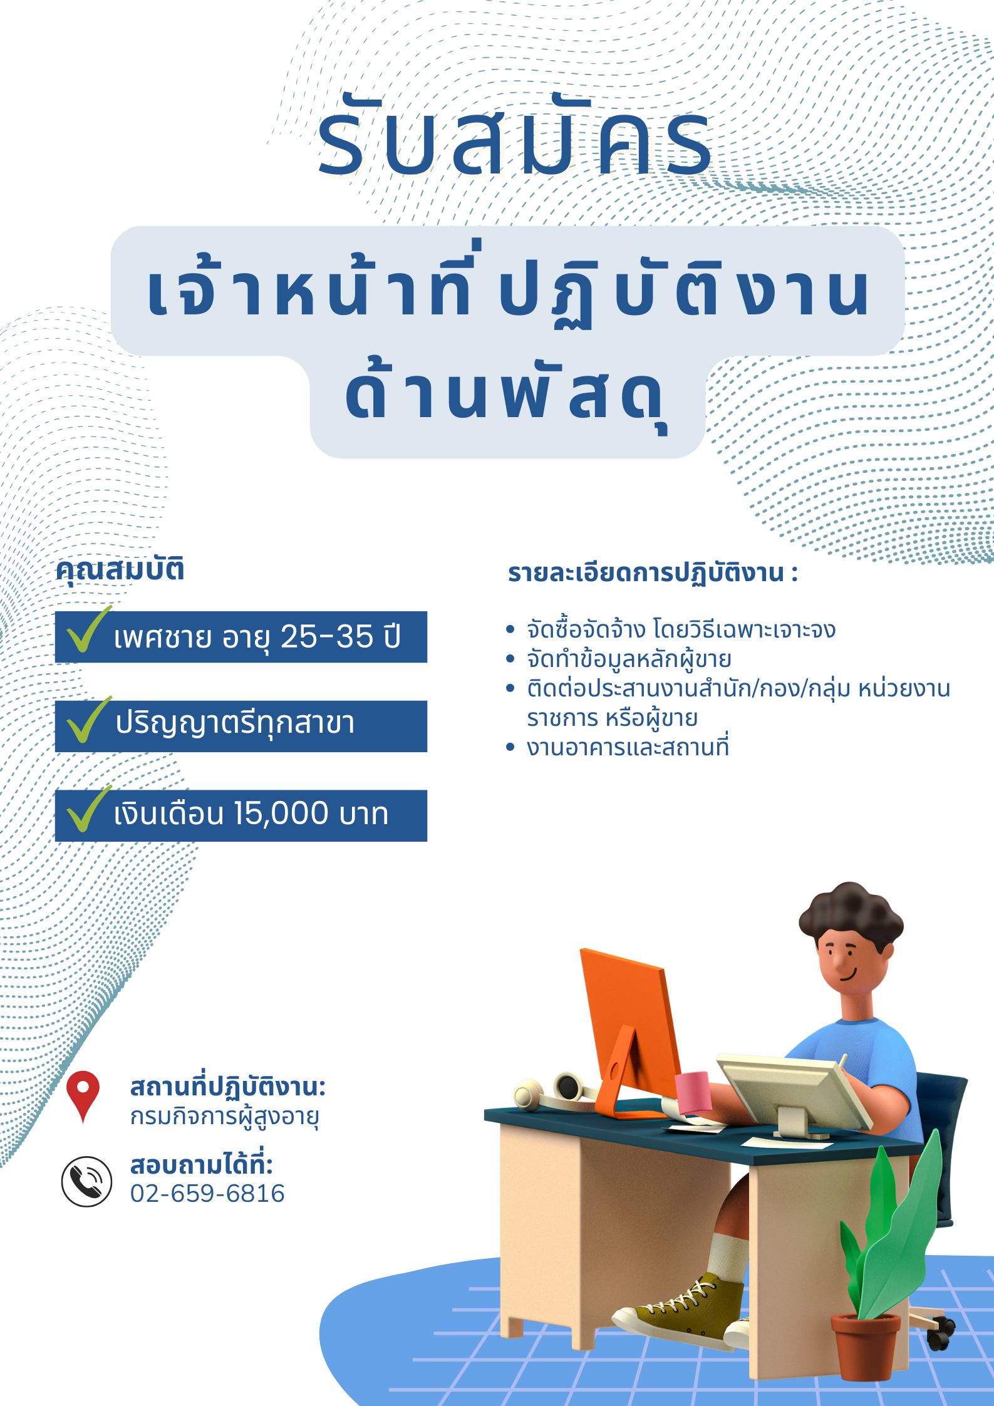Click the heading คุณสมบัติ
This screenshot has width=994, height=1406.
pos(120,571)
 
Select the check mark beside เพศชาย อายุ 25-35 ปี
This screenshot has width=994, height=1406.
pos(87,631)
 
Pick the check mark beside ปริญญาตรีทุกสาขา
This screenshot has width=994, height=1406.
pos(87,721)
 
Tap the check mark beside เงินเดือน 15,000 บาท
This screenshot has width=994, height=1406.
pos(87,810)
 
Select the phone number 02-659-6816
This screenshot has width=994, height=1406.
pos(207,1194)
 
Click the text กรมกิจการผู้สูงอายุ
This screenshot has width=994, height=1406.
pos(225,1117)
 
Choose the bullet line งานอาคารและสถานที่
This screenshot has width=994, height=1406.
pos(628,747)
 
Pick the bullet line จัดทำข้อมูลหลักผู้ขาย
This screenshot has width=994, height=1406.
pos(629,659)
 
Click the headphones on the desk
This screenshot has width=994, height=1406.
pos(554,1090)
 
